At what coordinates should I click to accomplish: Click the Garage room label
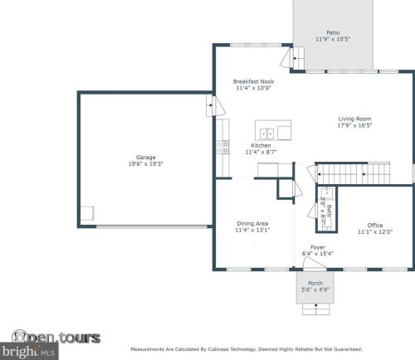pos(146,158)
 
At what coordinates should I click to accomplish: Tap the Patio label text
pos(332,32)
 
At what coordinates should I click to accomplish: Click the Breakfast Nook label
pos(253,81)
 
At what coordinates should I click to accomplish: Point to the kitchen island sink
pos(267,133)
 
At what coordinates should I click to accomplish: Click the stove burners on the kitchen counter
pos(222,148)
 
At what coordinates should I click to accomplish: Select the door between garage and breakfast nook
pos(211,107)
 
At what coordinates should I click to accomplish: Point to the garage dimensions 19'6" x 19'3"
pos(146,164)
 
